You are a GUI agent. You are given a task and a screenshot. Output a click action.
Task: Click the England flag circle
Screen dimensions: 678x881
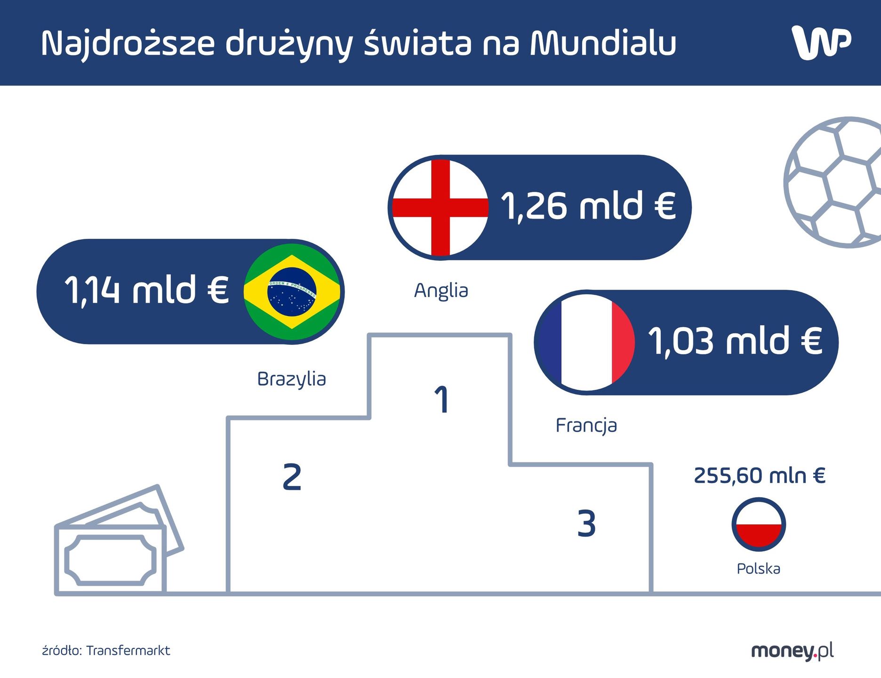click(x=440, y=208)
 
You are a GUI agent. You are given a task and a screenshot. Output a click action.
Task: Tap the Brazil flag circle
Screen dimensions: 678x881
click(x=292, y=292)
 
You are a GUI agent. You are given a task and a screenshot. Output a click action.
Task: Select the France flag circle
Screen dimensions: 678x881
click(x=586, y=342)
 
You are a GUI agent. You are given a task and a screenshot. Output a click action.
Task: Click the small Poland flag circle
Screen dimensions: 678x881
click(x=759, y=524)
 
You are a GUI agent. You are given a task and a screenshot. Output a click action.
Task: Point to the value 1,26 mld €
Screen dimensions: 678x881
click(x=588, y=207)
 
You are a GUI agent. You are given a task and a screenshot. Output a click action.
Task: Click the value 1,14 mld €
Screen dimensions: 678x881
click(x=146, y=290)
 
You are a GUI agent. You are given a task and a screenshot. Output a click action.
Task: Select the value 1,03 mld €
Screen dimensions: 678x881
click(x=735, y=341)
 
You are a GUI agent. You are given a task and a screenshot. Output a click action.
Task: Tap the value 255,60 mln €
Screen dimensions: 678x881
click(x=760, y=476)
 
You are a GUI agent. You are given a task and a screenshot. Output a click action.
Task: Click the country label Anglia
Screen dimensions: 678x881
click(x=441, y=291)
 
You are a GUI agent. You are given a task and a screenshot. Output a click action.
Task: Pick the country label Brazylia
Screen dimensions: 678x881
click(x=291, y=379)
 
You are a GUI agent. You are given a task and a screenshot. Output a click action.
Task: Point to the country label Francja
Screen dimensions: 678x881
click(x=586, y=426)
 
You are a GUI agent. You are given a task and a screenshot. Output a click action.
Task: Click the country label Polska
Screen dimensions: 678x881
click(x=758, y=569)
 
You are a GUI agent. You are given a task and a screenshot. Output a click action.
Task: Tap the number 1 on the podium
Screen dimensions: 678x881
click(x=441, y=400)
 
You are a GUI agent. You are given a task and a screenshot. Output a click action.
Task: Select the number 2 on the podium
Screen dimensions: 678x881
click(x=292, y=477)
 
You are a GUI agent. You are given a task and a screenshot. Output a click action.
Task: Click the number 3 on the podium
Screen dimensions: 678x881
click(x=586, y=524)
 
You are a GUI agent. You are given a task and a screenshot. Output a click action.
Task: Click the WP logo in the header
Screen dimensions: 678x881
click(x=821, y=42)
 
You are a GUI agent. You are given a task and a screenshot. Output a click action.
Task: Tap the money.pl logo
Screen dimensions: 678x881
click(x=792, y=651)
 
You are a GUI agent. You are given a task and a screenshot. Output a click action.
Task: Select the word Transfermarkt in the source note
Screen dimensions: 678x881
click(x=128, y=651)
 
